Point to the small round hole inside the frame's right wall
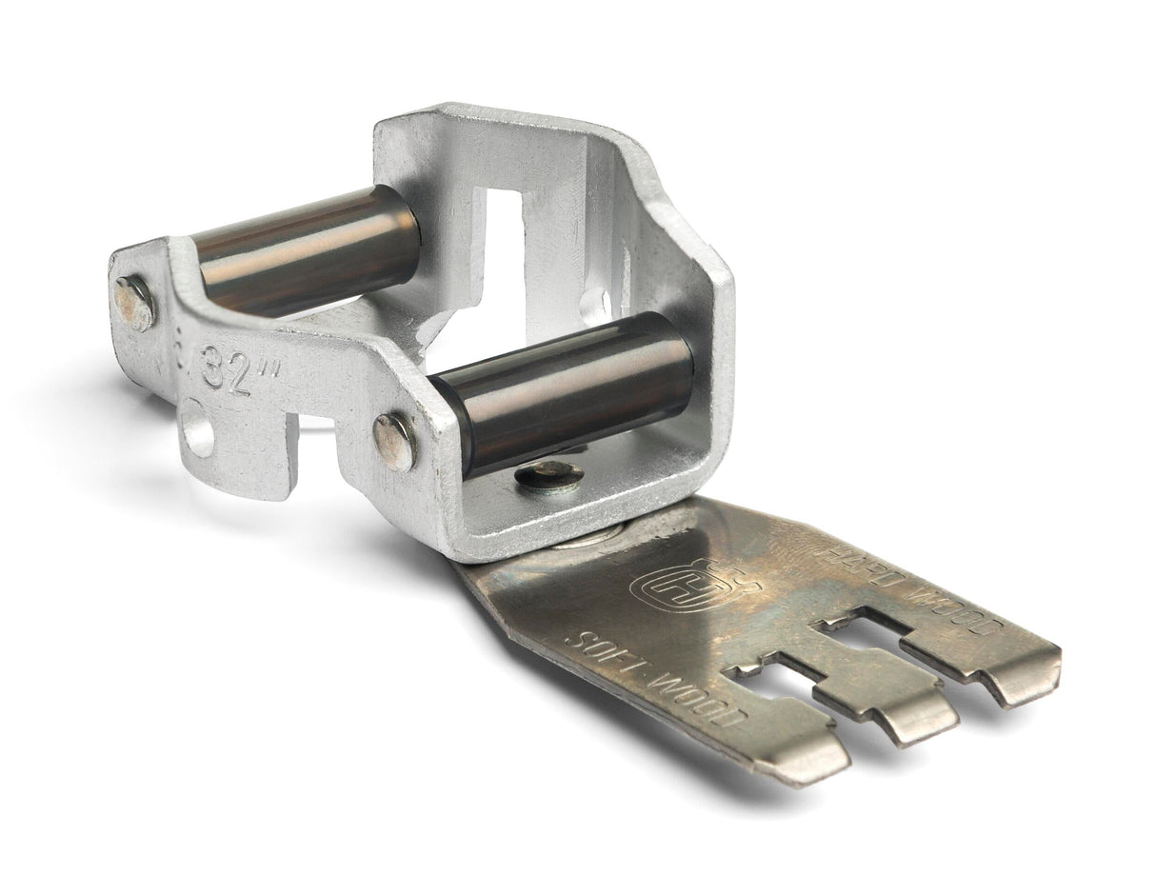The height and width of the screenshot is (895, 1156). click(597, 304)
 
